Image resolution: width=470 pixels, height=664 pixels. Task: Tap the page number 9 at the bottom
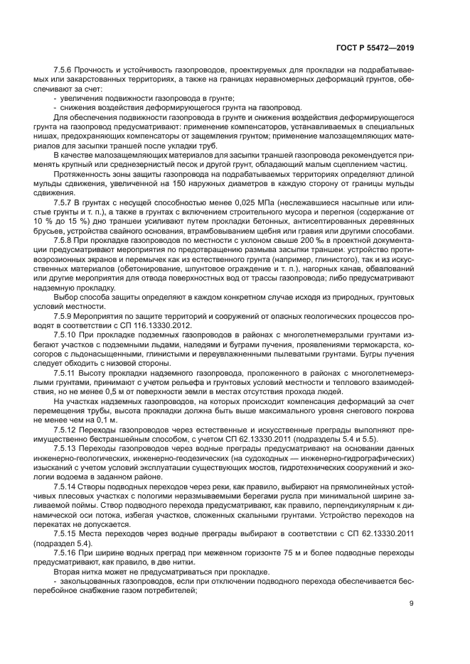411,604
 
